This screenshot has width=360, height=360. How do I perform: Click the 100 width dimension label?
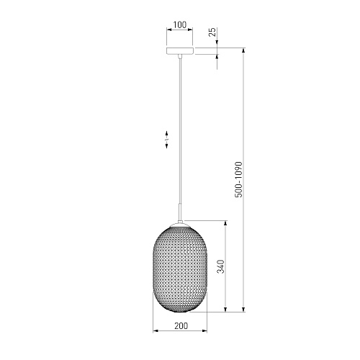[179, 24]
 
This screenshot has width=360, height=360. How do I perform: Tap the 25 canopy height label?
[212, 32]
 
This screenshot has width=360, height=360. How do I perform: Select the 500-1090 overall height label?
[238, 179]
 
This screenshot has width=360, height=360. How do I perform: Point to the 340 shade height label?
[220, 266]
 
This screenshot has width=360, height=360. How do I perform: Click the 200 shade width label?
[181, 326]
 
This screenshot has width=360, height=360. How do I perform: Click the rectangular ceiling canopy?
[180, 51]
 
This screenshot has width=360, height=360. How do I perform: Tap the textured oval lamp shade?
[180, 269]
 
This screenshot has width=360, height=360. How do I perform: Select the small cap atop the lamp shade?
[180, 224]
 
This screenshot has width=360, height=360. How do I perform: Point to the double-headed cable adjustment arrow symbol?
[166, 139]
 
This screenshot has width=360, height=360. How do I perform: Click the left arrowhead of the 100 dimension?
[168, 30]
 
